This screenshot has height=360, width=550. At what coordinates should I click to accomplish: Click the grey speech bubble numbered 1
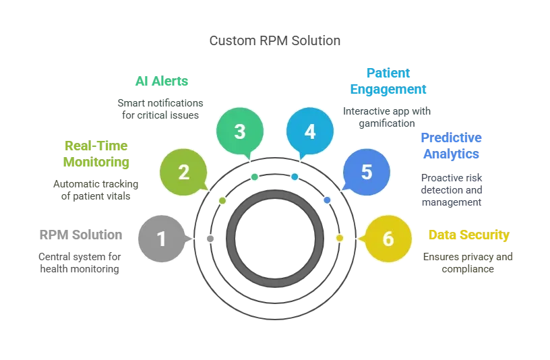pos(161,239)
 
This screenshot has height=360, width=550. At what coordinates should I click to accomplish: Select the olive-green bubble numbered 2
pos(183,173)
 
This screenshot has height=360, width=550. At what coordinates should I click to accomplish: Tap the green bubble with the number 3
pos(239,131)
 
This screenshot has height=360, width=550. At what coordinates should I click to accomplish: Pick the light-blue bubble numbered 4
pos(309,131)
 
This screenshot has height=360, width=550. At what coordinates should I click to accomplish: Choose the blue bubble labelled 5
pos(366,173)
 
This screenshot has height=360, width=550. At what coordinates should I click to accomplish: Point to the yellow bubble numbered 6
pos(388,239)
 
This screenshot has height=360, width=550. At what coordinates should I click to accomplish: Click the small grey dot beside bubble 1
pos(210,239)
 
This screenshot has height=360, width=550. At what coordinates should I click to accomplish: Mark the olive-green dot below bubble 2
pos(222,200)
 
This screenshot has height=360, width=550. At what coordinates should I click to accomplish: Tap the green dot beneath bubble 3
pos(254,177)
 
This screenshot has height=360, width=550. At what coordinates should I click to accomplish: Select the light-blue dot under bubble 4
pos(295,177)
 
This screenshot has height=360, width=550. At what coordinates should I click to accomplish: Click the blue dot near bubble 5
pos(327,200)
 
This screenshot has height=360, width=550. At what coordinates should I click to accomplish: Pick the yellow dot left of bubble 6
pos(340,238)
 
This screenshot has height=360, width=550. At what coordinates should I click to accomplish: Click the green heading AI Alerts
pos(162,82)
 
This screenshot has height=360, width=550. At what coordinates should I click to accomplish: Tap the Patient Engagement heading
pos(389,81)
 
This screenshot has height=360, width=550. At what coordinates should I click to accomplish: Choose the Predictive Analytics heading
pos(452,146)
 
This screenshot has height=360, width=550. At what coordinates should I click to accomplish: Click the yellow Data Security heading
pos(470,236)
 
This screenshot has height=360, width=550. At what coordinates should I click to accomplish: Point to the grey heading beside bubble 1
pos(81,236)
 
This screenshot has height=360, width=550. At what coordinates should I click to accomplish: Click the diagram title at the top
pos(275,41)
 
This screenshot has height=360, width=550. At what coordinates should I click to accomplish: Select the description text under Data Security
pos(468,262)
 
